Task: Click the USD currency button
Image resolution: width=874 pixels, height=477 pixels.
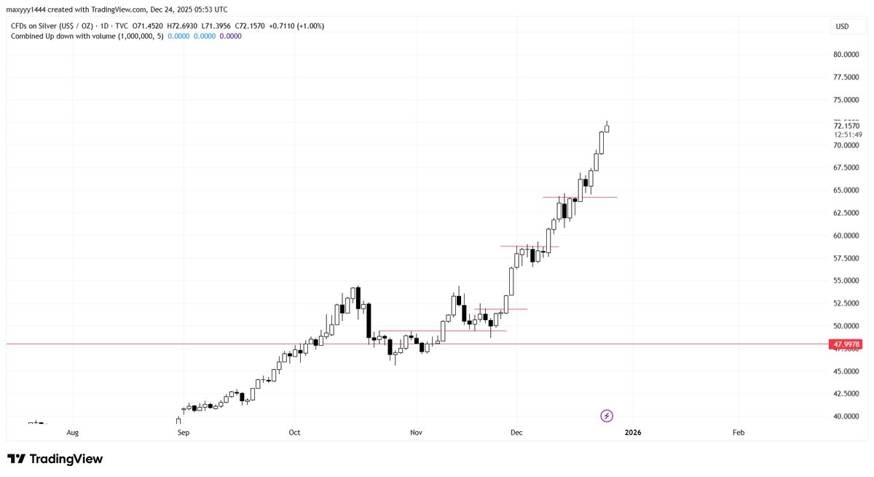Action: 842,26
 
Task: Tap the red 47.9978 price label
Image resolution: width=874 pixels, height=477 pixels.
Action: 846,344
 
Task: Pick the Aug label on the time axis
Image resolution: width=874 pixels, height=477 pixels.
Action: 72,433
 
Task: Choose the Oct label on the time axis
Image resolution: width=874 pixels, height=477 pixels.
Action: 294,433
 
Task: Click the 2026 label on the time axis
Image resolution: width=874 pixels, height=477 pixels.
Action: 633,433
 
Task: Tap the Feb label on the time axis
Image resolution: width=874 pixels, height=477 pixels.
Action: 738,433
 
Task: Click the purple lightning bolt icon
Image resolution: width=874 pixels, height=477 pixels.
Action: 607,416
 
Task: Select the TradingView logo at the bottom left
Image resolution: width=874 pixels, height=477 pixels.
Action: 55,459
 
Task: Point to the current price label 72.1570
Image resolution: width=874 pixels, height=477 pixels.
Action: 848,126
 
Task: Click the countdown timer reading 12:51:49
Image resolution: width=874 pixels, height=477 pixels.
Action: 848,134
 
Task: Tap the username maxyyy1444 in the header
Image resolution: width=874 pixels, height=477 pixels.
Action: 31,9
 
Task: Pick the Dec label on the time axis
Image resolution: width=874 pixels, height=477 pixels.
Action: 516,433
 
